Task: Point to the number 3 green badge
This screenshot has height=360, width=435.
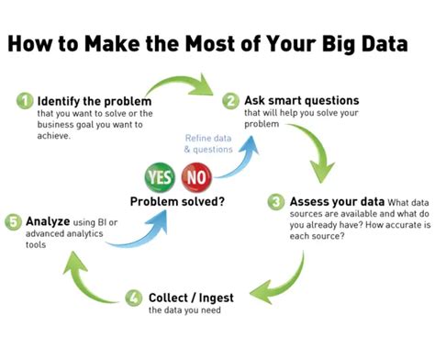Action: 275,201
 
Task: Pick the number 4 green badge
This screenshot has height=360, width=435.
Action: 135,297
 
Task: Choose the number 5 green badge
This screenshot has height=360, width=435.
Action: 12,221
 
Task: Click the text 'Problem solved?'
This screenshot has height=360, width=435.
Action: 179,201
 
